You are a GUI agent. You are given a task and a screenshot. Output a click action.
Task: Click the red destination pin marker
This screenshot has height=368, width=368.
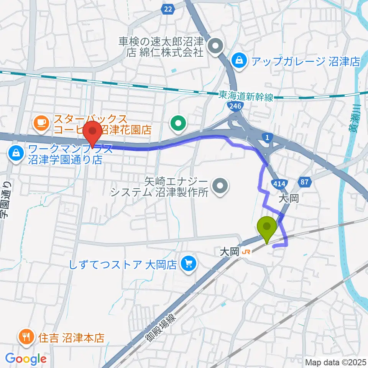[x=92, y=131]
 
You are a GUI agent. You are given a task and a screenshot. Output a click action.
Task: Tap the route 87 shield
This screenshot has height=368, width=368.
[x=305, y=182]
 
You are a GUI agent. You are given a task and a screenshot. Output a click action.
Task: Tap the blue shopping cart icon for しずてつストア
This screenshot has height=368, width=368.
[x=188, y=264]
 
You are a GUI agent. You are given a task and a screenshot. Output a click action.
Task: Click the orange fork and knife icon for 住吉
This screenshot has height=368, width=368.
[x=26, y=337]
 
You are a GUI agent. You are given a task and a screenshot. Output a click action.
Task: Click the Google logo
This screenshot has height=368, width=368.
[x=26, y=359]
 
